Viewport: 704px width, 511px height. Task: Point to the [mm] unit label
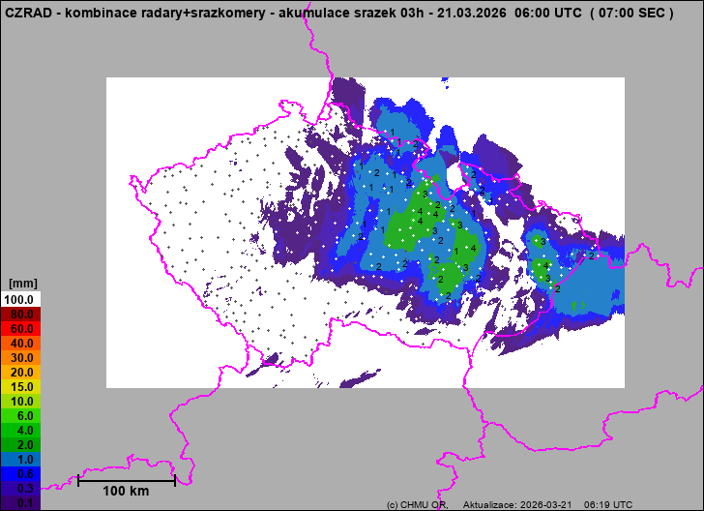[x=21, y=284]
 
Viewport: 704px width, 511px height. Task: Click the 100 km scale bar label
[x=127, y=492]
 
